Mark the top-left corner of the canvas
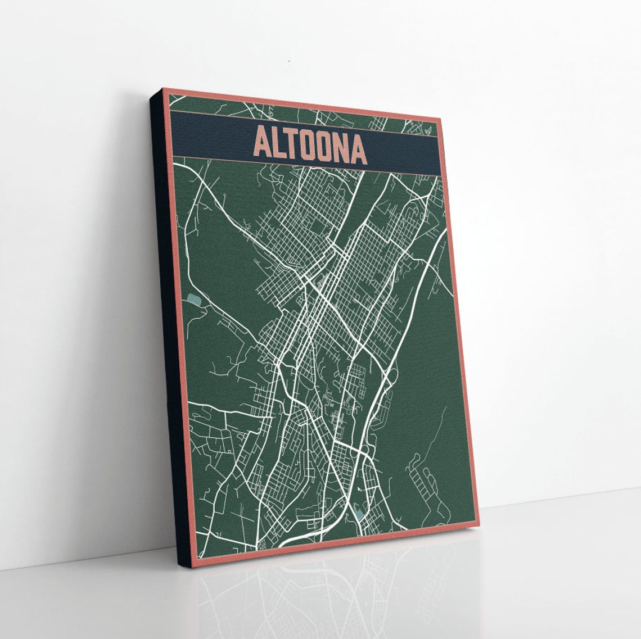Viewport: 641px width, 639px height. pyautogui.click(x=163, y=89)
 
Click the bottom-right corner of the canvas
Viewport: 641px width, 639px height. pyautogui.click(x=479, y=525)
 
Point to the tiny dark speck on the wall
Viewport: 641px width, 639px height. pyautogui.click(x=289, y=61)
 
